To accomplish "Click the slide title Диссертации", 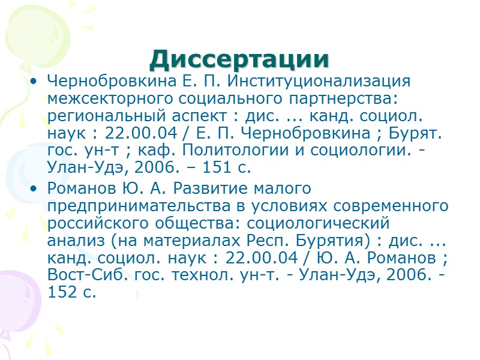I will tap(240, 59).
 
